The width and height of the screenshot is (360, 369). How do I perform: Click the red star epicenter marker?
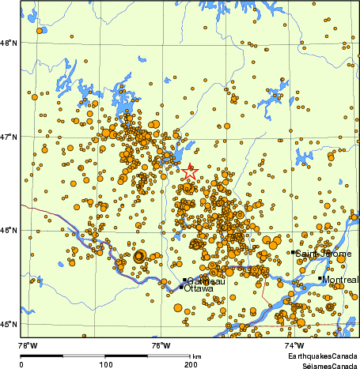pyautogui.click(x=190, y=171)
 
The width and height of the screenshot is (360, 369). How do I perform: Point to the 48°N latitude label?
pyautogui.click(x=9, y=43)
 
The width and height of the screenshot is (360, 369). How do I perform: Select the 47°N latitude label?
pyautogui.click(x=9, y=137)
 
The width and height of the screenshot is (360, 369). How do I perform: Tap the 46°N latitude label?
pyautogui.click(x=9, y=231)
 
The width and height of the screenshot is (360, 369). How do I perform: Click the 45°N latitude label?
pyautogui.click(x=9, y=324)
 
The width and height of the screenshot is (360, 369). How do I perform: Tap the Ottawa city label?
pyautogui.click(x=198, y=289)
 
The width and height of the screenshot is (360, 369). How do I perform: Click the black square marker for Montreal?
pyautogui.click(x=320, y=278)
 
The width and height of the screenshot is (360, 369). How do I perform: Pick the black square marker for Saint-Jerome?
pyautogui.click(x=293, y=252)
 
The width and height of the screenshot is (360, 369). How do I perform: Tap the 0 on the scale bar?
pyautogui.click(x=21, y=364)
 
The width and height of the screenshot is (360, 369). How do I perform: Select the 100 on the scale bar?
pyautogui.click(x=105, y=364)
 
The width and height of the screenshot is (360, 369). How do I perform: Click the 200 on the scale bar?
pyautogui.click(x=189, y=364)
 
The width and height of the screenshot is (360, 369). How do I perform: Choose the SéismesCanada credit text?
pyautogui.click(x=321, y=365)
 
